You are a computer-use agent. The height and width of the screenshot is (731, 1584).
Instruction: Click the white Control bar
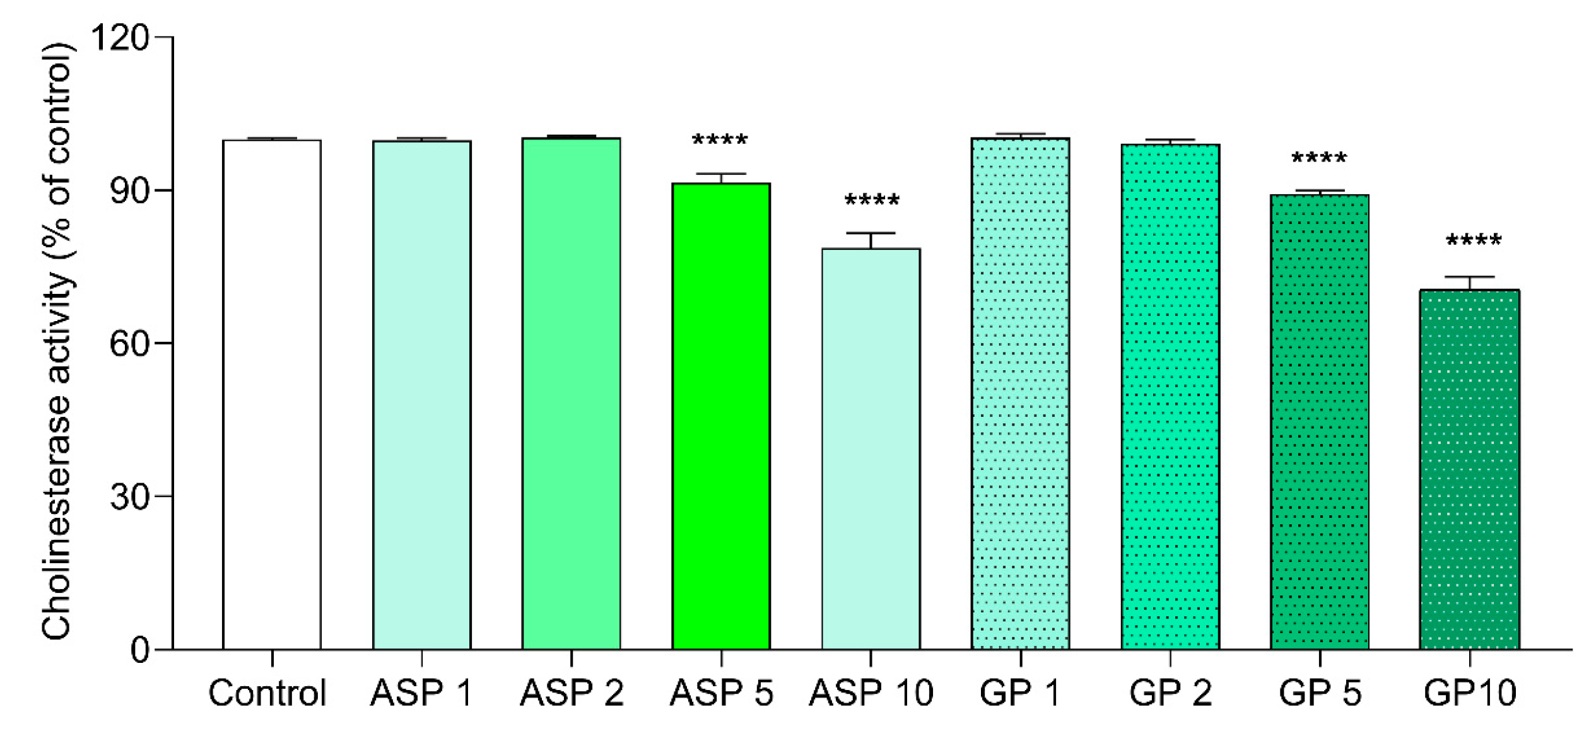point(272,394)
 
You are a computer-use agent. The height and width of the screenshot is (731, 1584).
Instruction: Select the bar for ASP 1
point(421,394)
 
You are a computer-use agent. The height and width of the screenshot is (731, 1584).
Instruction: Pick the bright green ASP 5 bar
point(721,416)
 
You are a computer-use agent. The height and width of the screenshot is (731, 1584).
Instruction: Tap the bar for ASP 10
point(871,448)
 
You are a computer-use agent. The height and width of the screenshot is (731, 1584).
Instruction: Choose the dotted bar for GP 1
point(1020,394)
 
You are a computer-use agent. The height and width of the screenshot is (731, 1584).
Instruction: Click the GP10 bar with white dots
point(1469,470)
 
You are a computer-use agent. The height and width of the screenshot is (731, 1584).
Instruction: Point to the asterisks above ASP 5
point(720,140)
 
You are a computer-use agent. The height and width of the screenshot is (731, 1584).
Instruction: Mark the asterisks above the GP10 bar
point(1474,240)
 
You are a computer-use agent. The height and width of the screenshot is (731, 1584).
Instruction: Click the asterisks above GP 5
point(1319,158)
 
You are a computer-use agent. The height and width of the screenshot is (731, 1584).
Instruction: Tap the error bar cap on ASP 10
point(871,233)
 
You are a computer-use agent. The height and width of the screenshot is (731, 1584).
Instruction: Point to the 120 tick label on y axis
point(120,38)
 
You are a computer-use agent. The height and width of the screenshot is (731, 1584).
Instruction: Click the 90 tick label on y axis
point(129,190)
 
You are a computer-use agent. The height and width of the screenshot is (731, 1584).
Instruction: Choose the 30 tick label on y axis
point(129,496)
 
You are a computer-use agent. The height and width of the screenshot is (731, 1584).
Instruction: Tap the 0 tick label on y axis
point(140,650)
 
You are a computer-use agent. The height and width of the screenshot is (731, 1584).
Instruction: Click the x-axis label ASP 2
point(572,693)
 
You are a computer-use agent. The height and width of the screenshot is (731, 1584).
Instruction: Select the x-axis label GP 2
point(1170,693)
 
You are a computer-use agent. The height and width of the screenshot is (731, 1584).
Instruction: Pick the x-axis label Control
point(267,693)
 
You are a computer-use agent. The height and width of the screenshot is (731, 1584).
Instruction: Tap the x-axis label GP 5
point(1320,693)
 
